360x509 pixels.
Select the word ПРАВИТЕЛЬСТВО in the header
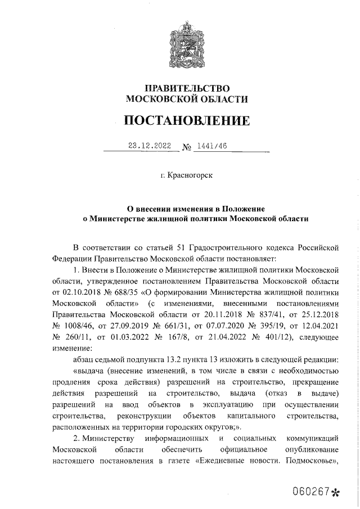coord(187,88)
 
